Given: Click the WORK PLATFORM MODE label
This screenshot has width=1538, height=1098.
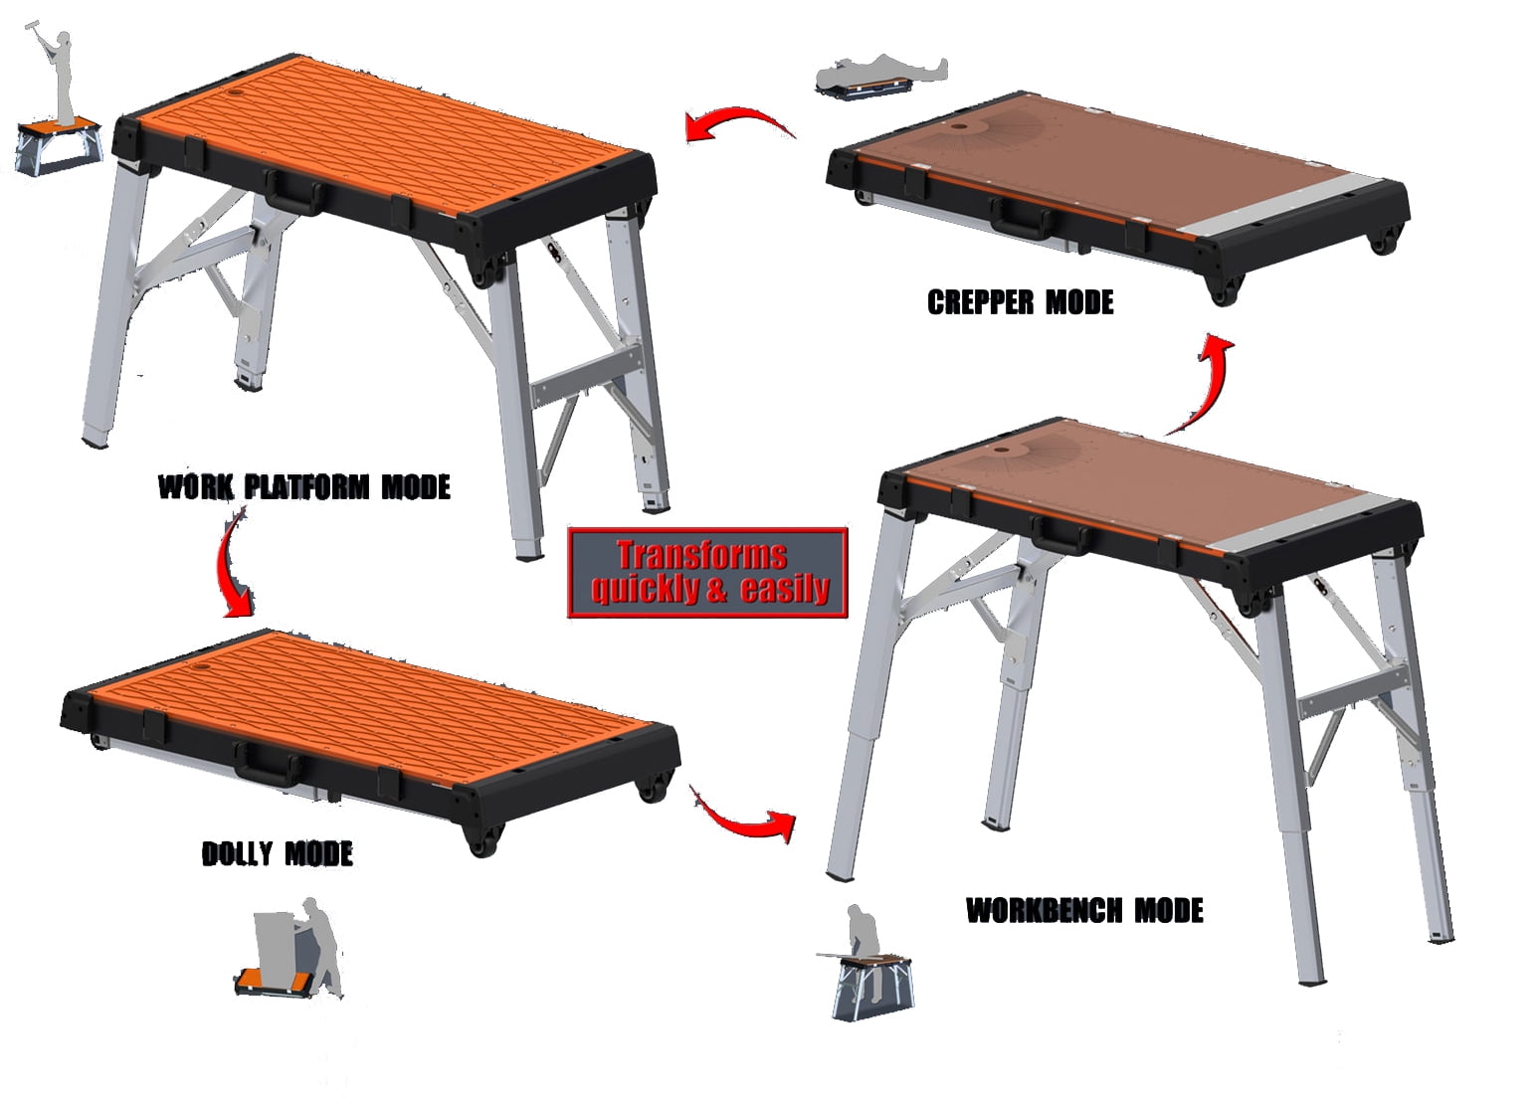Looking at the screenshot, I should click(304, 486).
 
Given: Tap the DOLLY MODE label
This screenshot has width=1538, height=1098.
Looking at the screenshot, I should click(278, 853).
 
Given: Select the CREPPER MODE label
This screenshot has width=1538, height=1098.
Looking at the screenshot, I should click(1020, 302).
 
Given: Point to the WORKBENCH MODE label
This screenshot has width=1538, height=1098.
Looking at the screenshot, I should click(1084, 910).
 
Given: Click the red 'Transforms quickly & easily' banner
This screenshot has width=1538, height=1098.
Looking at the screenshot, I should click(707, 572).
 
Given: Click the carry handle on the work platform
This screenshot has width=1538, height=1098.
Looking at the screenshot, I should click(293, 192).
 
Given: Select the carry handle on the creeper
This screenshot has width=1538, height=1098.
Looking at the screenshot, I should click(1021, 216).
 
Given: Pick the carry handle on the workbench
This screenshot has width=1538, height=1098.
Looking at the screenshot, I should click(1060, 534).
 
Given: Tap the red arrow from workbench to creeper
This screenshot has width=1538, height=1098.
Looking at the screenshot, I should click(1207, 383).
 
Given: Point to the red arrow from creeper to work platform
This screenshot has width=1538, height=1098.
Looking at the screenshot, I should click(737, 124).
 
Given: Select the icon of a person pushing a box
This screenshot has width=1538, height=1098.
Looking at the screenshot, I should click(293, 949).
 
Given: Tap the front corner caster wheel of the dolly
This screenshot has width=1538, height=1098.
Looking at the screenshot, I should click(481, 841).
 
